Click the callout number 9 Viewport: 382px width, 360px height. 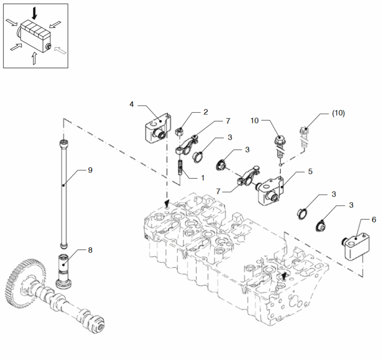coord(90,170)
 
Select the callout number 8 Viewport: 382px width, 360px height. coord(90,250)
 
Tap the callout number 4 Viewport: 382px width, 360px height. coord(132,104)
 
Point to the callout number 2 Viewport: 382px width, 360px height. coord(206,112)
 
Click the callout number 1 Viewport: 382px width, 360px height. coord(202,178)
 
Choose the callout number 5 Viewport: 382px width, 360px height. coord(310,172)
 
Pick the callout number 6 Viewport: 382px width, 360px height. coord(374,220)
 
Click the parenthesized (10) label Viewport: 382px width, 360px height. coord(339,113)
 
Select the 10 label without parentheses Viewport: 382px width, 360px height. coord(255,120)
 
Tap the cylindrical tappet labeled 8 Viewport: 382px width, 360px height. coord(64,271)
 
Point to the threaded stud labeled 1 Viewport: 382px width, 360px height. coord(180,167)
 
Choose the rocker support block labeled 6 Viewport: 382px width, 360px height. coord(356,246)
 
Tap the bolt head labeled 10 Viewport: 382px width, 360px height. coord(280,140)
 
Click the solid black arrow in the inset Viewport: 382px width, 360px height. coord(35,13)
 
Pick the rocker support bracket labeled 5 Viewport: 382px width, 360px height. coord(270,191)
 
